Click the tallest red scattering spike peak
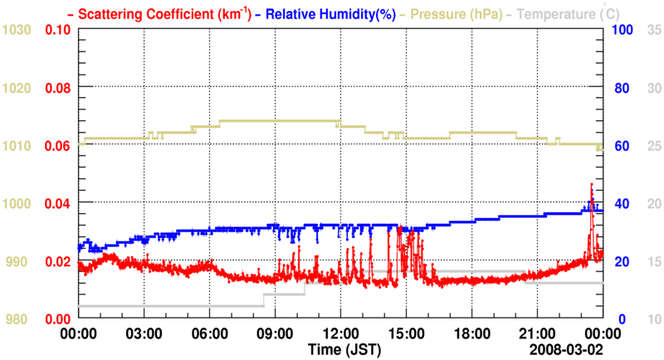tap(592, 184)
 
